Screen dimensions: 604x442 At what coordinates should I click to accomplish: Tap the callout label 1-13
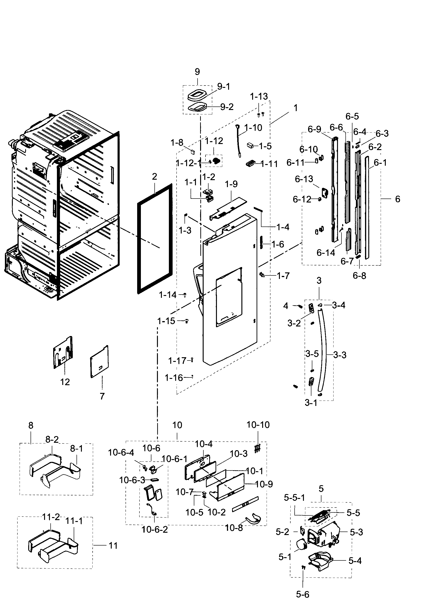[259, 96]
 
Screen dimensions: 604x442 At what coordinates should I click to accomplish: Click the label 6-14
[326, 253]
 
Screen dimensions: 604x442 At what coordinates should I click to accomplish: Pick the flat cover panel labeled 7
[100, 361]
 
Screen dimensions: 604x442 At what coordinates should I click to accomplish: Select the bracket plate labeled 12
[63, 353]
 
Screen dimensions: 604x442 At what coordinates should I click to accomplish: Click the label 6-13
[304, 179]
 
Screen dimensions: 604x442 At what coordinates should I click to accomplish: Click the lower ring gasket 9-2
[198, 108]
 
